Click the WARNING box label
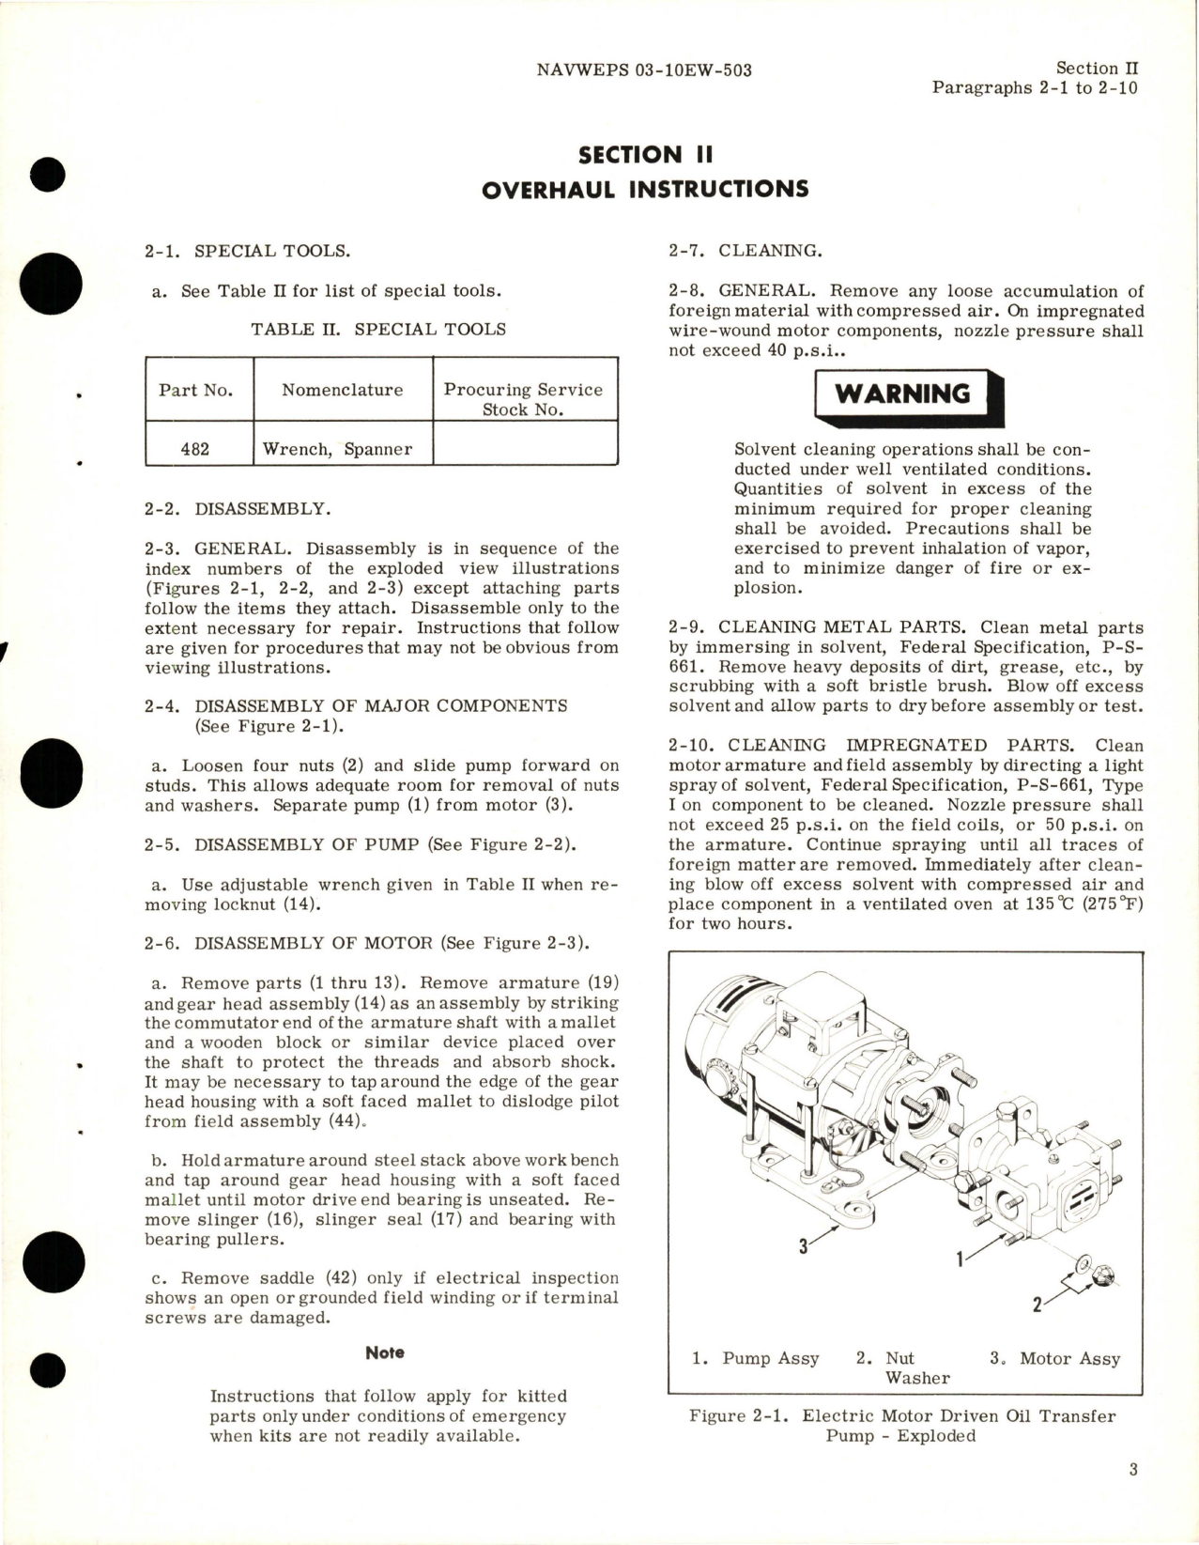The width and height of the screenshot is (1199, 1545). point(902,394)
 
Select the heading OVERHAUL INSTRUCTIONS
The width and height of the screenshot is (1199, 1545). point(644,189)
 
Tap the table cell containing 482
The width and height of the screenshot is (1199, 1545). point(195,449)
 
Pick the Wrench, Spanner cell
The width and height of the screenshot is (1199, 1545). point(337,449)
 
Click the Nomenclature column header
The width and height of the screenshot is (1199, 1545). point(342,390)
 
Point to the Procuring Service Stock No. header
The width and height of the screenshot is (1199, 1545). point(523,399)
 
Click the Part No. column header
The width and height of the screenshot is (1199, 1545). point(195,390)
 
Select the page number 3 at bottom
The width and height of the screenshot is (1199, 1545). point(1133,1470)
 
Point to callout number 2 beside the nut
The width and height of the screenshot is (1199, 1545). point(1037,1305)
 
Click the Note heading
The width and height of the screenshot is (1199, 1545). point(385,1352)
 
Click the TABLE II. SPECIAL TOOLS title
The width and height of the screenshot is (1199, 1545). point(378,330)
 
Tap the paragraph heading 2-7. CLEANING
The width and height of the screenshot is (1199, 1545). point(746,251)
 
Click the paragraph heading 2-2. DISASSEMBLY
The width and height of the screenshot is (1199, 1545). point(237,509)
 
